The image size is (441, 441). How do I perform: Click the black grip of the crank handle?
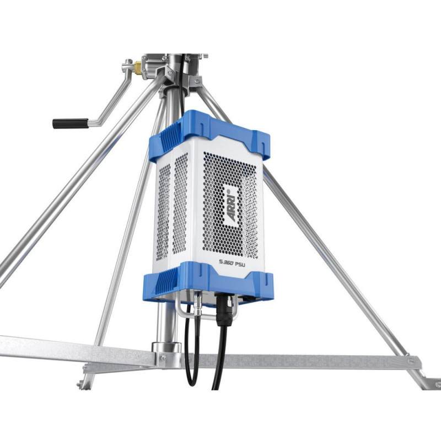coord(69,123)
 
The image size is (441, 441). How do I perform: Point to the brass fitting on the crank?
coord(137,68)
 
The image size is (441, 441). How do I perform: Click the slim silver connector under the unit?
coord(197,302)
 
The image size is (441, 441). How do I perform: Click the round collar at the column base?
coord(166,348)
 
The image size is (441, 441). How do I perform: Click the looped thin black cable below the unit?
coord(190,358)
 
